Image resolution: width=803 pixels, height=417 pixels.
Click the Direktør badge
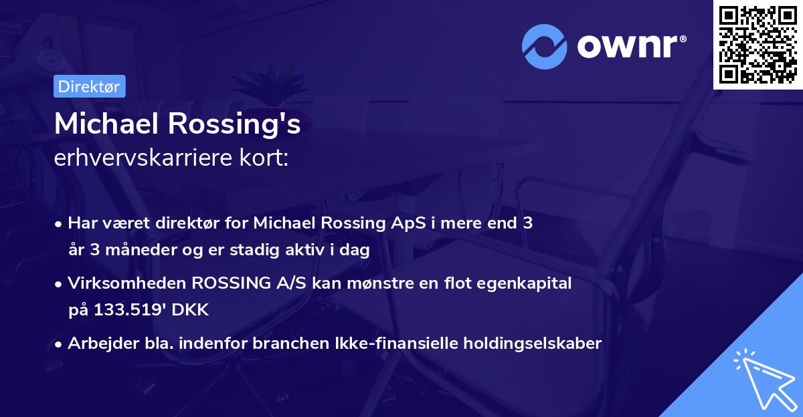(89, 86)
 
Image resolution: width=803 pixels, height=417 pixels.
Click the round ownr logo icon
(545, 47)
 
